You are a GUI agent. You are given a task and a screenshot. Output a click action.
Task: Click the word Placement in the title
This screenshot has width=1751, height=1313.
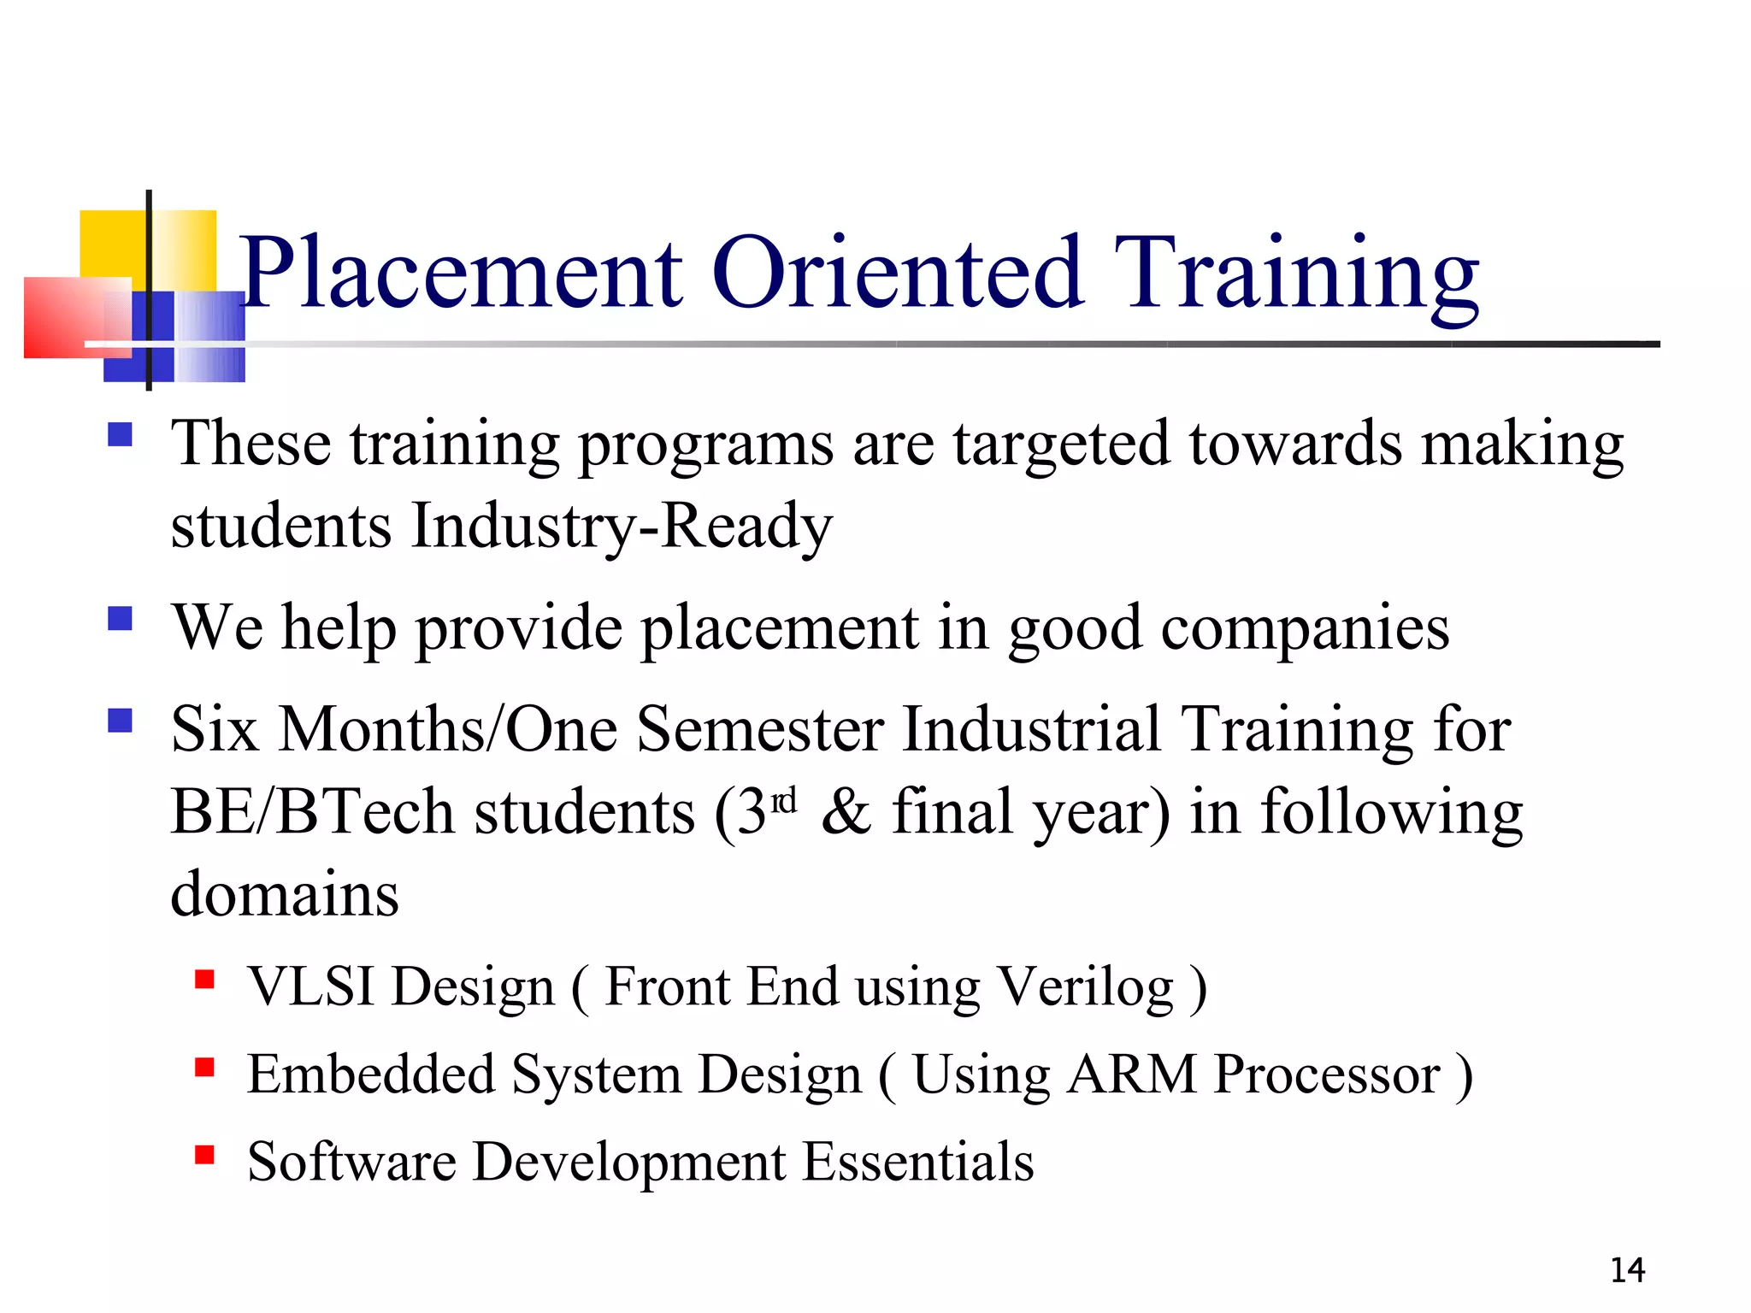(x=463, y=274)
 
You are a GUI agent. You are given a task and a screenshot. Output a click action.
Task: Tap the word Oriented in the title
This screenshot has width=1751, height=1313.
(x=898, y=274)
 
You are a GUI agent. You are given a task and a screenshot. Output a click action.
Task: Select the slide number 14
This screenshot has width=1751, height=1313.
(x=1627, y=1270)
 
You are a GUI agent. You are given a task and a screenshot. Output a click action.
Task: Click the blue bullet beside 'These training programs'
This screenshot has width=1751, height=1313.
(x=121, y=436)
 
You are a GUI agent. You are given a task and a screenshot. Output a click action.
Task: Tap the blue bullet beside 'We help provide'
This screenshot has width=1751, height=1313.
(x=121, y=618)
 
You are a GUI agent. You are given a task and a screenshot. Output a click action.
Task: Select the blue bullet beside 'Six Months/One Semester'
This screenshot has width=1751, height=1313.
(x=121, y=721)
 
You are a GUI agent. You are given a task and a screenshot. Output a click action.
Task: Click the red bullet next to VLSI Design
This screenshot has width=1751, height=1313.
(x=204, y=979)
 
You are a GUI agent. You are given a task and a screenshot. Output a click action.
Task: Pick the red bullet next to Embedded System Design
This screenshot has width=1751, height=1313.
(x=204, y=1067)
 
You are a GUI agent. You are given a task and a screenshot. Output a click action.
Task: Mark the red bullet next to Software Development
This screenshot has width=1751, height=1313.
(x=204, y=1155)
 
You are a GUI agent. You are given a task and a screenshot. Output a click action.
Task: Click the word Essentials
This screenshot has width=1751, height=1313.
(x=918, y=1162)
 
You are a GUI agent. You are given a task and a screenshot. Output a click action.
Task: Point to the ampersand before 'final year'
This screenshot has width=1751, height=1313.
(x=846, y=812)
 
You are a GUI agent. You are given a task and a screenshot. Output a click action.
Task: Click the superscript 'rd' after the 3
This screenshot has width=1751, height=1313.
(x=784, y=801)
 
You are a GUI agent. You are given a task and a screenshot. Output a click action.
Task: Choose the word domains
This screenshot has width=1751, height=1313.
(x=285, y=894)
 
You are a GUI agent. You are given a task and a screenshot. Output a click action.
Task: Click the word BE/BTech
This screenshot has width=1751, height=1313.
(x=312, y=812)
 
